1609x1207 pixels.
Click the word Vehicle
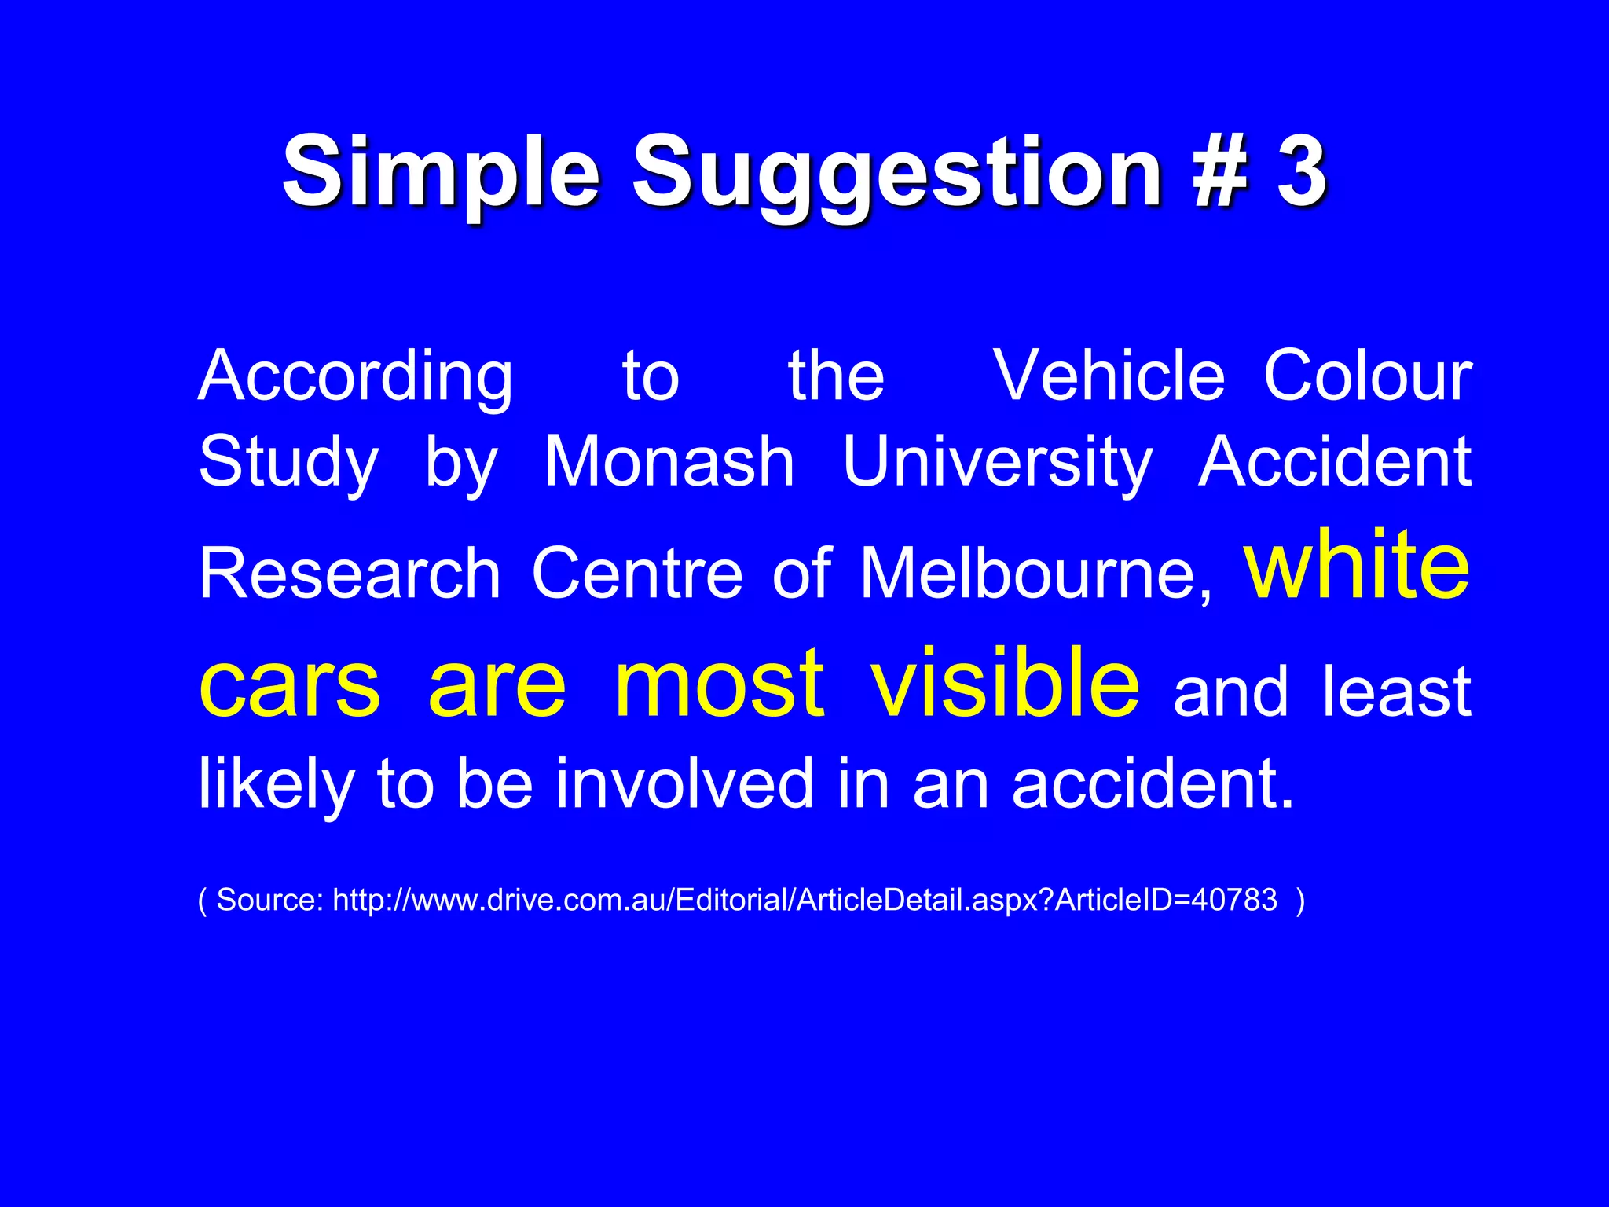(x=1109, y=376)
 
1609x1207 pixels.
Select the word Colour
(x=1368, y=376)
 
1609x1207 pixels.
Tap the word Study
(x=288, y=462)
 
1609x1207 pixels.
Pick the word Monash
(x=669, y=462)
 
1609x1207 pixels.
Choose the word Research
(x=350, y=573)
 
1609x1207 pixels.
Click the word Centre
(x=637, y=573)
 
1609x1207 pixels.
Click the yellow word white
(x=1357, y=564)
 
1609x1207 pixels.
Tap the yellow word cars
(x=290, y=682)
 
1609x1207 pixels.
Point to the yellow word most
(x=720, y=682)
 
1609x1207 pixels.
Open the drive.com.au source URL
(x=804, y=900)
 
